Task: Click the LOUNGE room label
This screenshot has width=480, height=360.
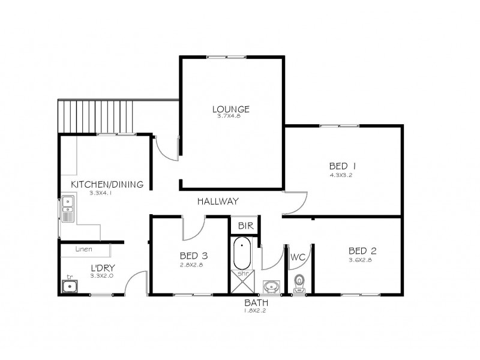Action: click(230, 109)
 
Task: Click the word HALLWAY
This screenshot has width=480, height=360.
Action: click(218, 202)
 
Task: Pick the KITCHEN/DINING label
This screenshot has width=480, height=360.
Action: click(107, 185)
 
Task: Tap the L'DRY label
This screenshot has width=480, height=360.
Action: click(102, 268)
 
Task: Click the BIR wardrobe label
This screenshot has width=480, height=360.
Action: click(244, 226)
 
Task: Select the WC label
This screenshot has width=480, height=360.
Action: click(298, 257)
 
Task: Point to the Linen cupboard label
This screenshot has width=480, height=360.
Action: click(84, 248)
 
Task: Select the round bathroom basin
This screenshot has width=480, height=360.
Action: click(271, 286)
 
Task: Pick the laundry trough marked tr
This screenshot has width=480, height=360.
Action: click(70, 286)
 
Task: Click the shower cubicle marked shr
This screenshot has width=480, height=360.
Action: click(243, 281)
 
